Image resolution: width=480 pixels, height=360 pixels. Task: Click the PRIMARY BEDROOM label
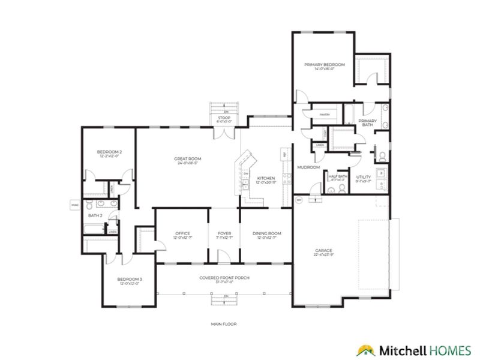click(x=324, y=64)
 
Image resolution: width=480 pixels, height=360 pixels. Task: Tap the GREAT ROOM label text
click(x=187, y=159)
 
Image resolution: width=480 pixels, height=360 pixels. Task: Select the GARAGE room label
click(x=324, y=250)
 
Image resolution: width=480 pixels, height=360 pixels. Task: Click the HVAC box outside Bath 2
click(x=75, y=205)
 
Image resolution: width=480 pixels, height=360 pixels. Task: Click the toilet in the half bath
click(x=340, y=188)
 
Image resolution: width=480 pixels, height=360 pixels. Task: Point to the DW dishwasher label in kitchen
click(x=246, y=174)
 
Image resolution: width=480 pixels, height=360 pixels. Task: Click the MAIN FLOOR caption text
click(x=224, y=324)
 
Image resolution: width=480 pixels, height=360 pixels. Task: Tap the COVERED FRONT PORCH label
click(x=224, y=278)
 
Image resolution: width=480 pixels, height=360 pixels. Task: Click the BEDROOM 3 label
click(x=130, y=279)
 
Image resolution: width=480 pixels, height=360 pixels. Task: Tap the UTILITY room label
click(x=364, y=177)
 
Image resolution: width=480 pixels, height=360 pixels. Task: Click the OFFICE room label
click(x=182, y=233)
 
